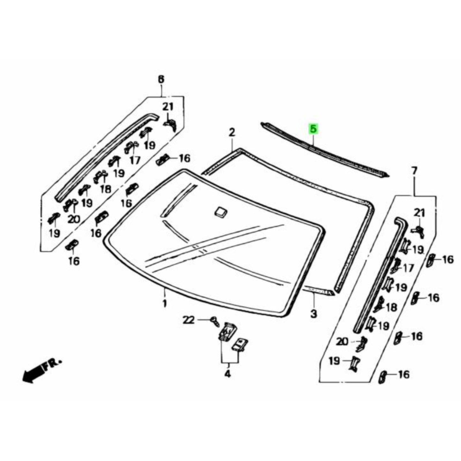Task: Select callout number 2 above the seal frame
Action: (232, 132)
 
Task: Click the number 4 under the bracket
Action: (227, 374)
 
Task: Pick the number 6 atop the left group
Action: (161, 79)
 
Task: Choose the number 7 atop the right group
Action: (414, 171)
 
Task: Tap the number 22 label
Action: (189, 320)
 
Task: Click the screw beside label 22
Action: (215, 321)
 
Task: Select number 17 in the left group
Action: (135, 160)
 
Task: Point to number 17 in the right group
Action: (408, 268)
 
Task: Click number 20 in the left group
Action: (73, 219)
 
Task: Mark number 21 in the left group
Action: (168, 107)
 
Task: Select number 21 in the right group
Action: (420, 212)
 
